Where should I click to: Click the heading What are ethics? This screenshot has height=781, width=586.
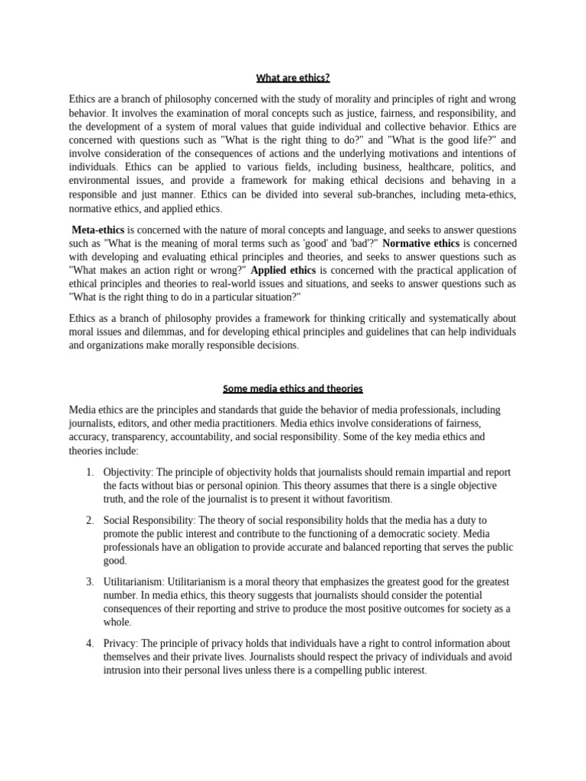click(x=293, y=77)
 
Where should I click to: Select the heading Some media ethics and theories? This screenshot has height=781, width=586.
click(x=293, y=388)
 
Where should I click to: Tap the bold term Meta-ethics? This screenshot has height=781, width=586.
click(x=98, y=230)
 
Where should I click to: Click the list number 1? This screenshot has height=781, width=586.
click(x=89, y=472)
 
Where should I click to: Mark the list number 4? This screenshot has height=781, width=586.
click(x=89, y=644)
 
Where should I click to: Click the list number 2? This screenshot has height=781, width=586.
click(x=89, y=519)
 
